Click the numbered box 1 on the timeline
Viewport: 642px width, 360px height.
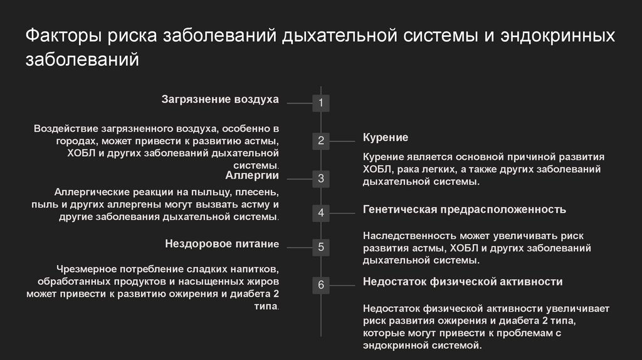tap(321, 103)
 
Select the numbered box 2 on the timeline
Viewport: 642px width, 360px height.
tap(321, 141)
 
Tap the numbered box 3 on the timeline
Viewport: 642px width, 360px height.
tap(321, 179)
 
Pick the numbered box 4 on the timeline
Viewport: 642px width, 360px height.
tap(321, 213)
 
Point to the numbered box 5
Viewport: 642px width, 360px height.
tap(321, 247)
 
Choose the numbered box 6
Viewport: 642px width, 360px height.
tap(321, 285)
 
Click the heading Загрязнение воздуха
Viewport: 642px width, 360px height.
tap(220, 99)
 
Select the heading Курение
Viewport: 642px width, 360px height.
tap(386, 137)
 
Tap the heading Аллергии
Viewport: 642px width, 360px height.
tap(252, 175)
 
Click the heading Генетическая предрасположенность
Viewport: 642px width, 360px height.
tap(465, 209)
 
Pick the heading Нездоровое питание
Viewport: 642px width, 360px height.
tap(221, 243)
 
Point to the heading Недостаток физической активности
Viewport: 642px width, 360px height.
tap(463, 282)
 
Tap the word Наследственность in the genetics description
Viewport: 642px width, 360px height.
tap(409, 236)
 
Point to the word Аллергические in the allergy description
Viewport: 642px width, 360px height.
tap(95, 192)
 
